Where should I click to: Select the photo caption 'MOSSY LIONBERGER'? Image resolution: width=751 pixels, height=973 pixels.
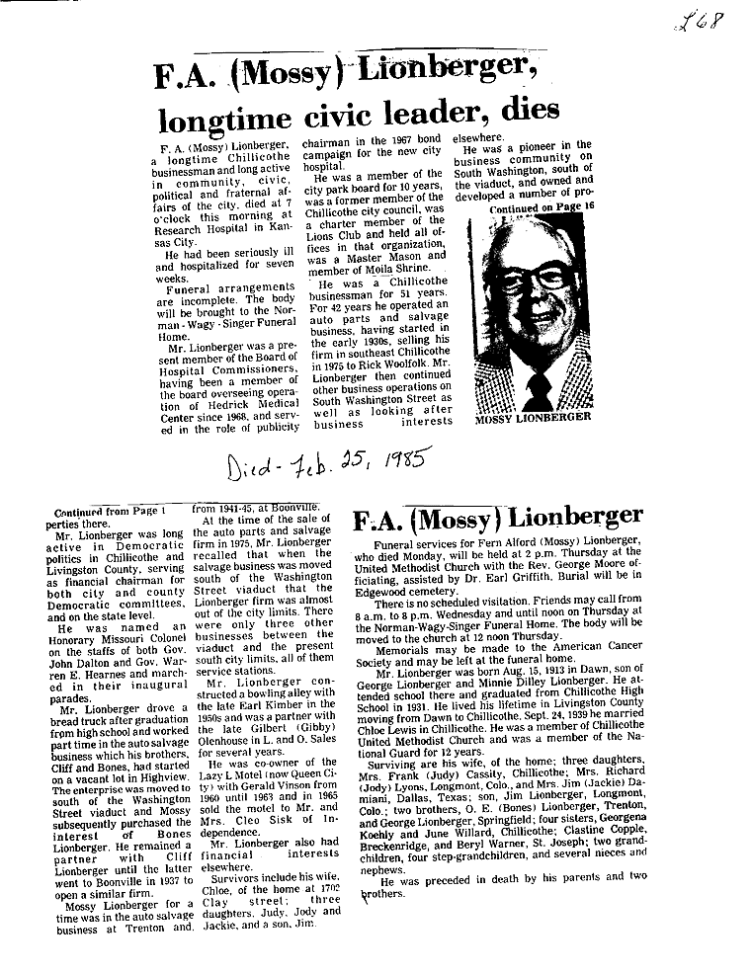534,417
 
